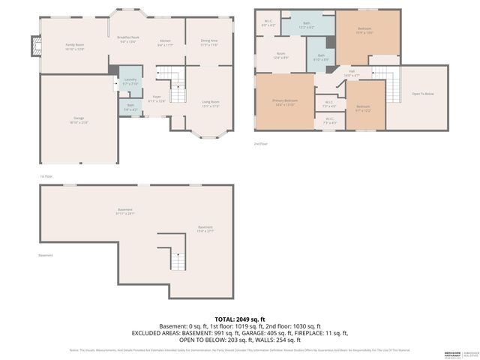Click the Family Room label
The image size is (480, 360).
click(73, 46)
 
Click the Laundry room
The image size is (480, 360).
click(130, 82)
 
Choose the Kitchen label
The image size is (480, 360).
click(166, 42)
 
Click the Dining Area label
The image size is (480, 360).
click(209, 42)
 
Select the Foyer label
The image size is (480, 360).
click(157, 97)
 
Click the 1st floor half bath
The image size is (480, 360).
click(130, 108)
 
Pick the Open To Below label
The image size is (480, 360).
click(423, 94)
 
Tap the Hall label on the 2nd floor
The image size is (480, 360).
click(352, 73)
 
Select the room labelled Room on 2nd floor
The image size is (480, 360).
click(280, 55)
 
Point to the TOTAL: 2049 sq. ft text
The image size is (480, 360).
click(239, 319)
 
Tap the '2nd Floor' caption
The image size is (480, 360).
click(261, 143)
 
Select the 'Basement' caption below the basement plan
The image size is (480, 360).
click(46, 255)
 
